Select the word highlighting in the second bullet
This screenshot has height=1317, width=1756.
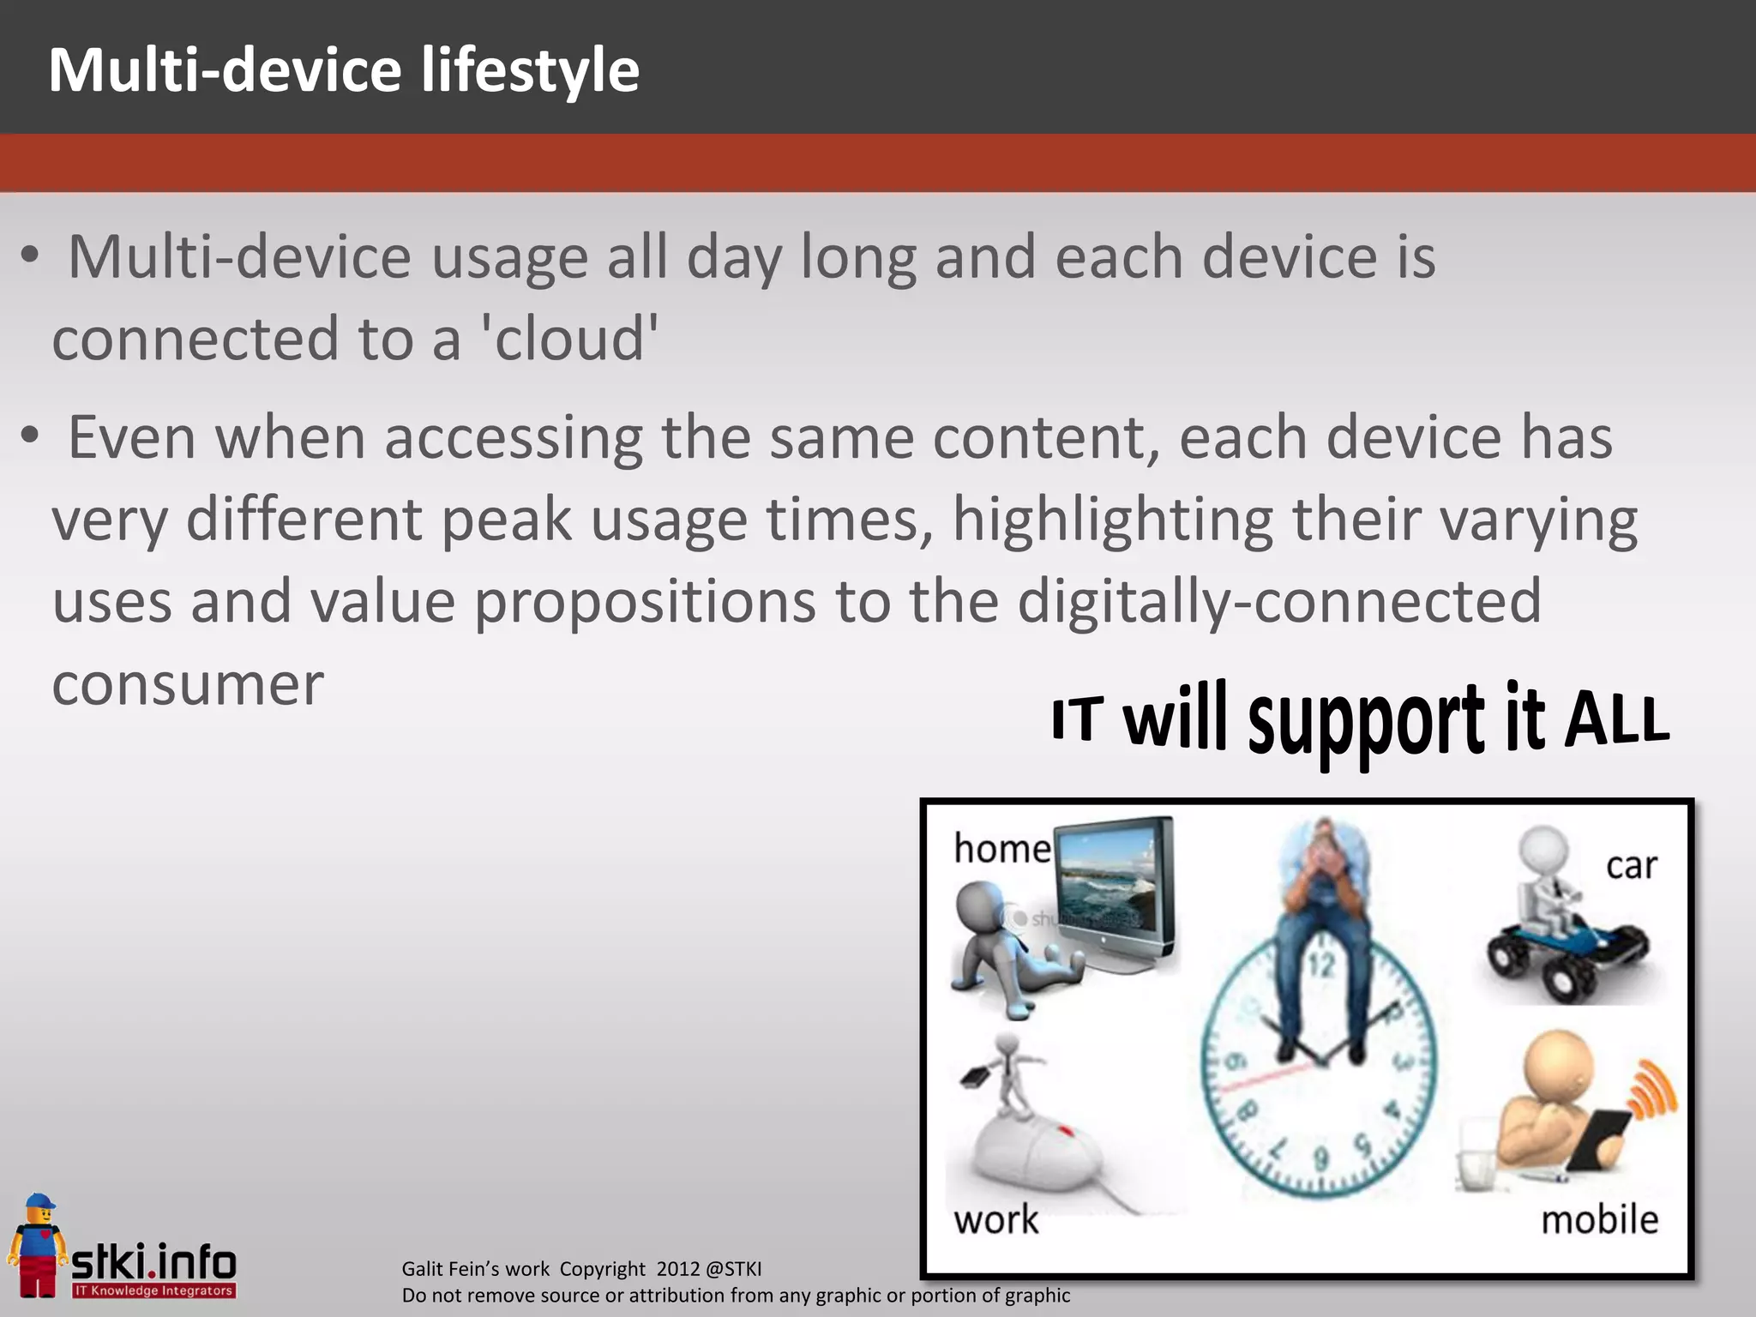pyautogui.click(x=1112, y=520)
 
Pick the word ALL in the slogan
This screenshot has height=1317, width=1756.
pyautogui.click(x=1617, y=719)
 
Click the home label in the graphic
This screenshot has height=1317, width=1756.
pyautogui.click(x=1001, y=849)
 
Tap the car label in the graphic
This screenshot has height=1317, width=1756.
pyautogui.click(x=1631, y=866)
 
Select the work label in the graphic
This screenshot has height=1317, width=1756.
pyautogui.click(x=995, y=1219)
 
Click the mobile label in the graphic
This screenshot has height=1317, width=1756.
pyautogui.click(x=1599, y=1219)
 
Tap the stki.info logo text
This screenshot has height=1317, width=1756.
pyautogui.click(x=154, y=1261)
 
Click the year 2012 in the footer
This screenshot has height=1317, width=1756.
pyautogui.click(x=678, y=1269)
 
